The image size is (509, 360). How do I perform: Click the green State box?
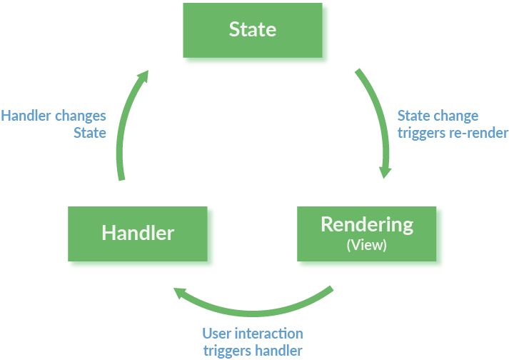click(x=253, y=30)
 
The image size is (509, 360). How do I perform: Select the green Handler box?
click(x=138, y=234)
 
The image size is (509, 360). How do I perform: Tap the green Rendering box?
click(x=366, y=234)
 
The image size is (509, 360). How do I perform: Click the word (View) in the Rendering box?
click(x=366, y=245)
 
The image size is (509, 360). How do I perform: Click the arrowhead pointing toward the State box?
click(x=143, y=76)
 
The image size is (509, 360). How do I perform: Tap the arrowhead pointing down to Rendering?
click(x=385, y=172)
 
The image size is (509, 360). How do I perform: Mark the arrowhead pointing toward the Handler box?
click(x=179, y=293)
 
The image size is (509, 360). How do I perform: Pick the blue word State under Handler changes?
click(x=90, y=133)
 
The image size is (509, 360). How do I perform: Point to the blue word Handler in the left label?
click(x=26, y=116)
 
